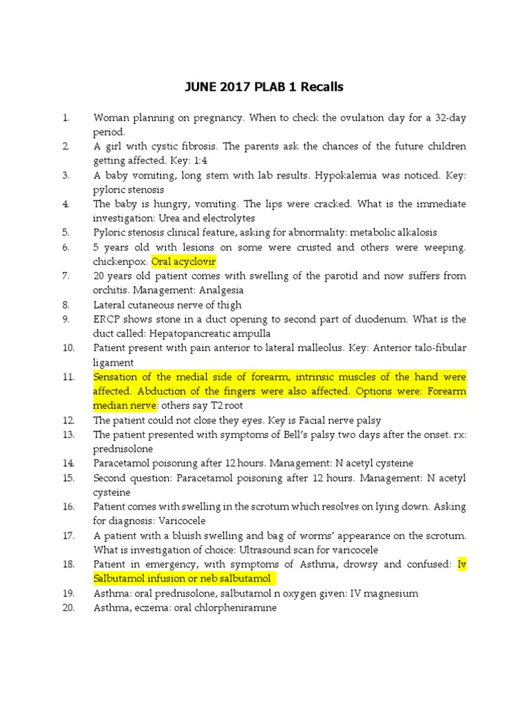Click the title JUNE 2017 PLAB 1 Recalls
pos(264,87)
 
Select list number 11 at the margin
pos(68,377)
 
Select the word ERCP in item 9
pos(105,319)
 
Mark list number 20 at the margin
pos(68,608)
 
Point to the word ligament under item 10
pos(114,362)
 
